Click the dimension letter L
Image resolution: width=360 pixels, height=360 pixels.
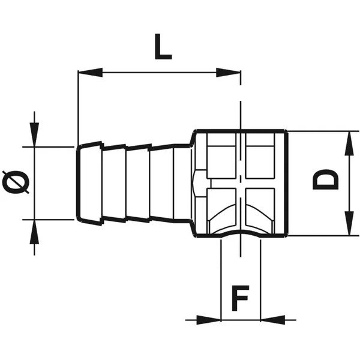[162, 47]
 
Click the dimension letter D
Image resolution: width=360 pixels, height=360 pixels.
[326, 179]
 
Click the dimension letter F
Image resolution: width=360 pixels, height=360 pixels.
[241, 299]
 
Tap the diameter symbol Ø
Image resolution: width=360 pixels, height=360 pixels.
[17, 182]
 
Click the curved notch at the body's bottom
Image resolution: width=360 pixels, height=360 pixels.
[241, 235]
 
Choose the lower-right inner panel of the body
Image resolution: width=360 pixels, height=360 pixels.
[262, 210]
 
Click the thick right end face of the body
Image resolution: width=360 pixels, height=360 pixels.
[286, 183]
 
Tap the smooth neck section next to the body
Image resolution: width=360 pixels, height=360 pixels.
[182, 182]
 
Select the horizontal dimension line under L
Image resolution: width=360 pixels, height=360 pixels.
[159, 73]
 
